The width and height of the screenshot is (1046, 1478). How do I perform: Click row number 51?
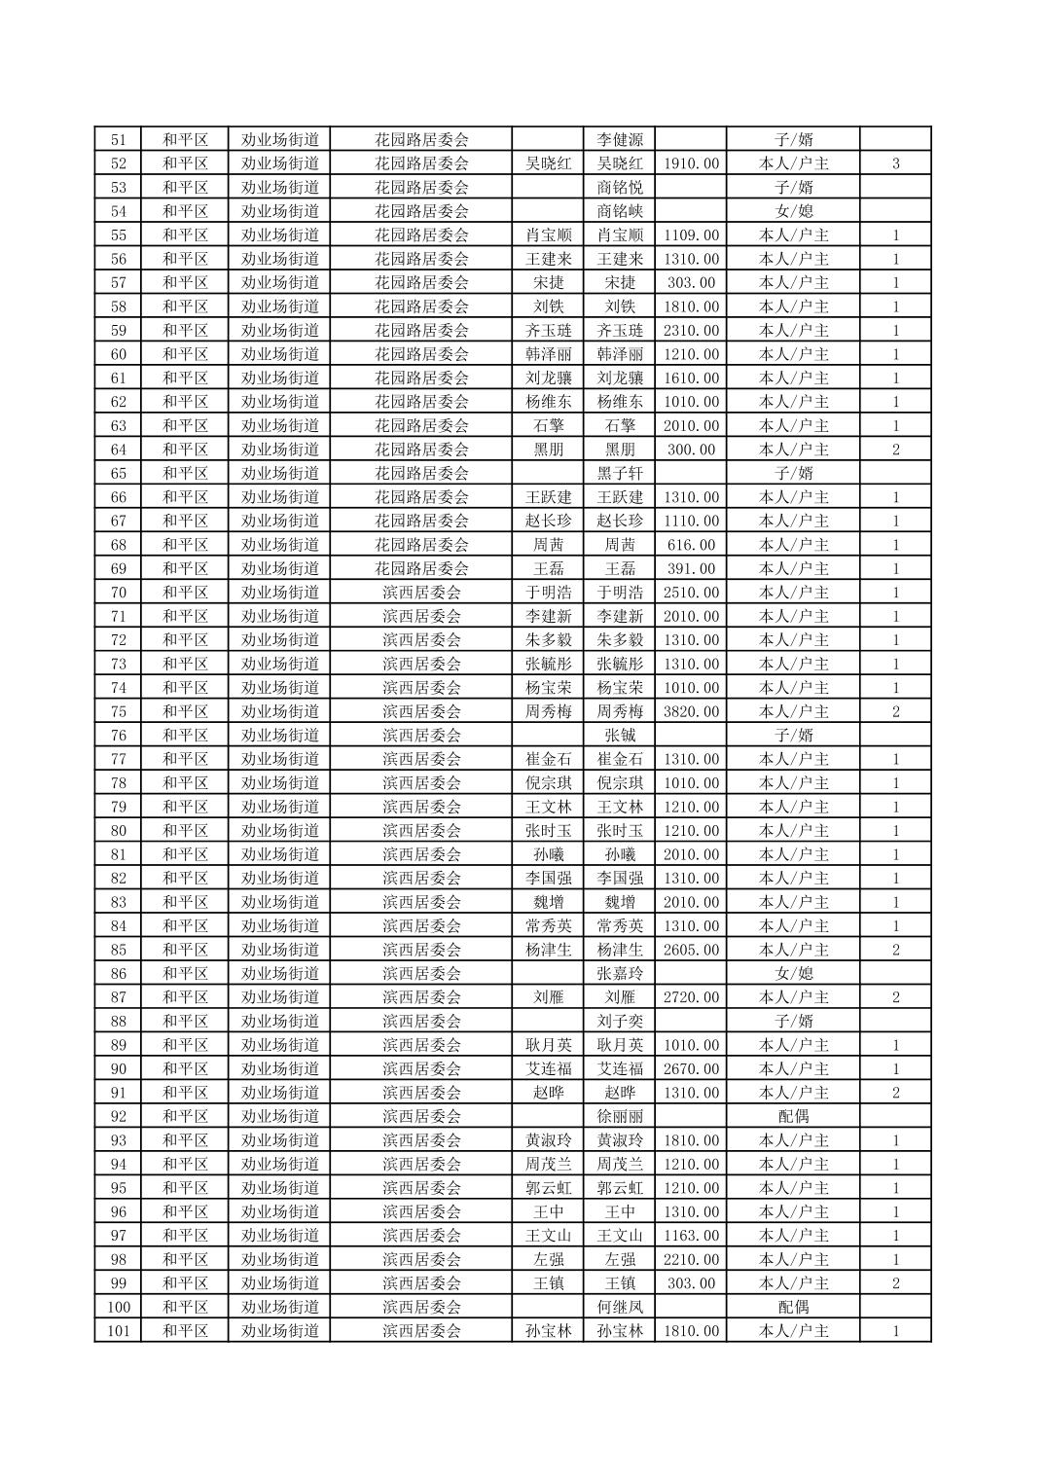pos(118,139)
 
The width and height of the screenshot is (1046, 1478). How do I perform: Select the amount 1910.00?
pos(691,163)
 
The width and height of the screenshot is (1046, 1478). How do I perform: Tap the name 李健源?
pos(620,139)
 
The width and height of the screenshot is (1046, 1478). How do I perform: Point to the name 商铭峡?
pos(620,211)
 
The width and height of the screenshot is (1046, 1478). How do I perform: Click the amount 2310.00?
pos(691,331)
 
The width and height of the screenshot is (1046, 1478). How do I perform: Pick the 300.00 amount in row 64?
pos(691,450)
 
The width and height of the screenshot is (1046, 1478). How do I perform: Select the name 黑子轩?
pos(620,474)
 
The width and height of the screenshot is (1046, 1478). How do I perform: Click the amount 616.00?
pos(691,545)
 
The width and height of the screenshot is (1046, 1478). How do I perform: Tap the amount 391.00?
pos(691,569)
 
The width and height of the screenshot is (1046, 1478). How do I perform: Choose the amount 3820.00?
pos(691,712)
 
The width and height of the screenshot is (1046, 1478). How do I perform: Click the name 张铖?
pos(620,736)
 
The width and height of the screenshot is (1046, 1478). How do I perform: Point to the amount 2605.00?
pos(691,951)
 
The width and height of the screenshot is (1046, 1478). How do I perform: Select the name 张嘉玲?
pos(620,974)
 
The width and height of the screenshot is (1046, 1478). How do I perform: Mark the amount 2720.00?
pos(691,997)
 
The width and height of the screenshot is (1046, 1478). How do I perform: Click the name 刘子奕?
pos(620,1022)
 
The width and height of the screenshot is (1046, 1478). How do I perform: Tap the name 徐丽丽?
pos(620,1117)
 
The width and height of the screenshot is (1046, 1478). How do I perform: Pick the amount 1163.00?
pos(691,1236)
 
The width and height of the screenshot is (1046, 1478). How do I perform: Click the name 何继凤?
pos(620,1307)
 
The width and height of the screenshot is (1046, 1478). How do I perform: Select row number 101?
pos(118,1331)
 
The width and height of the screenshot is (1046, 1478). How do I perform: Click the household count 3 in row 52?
pos(895,163)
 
